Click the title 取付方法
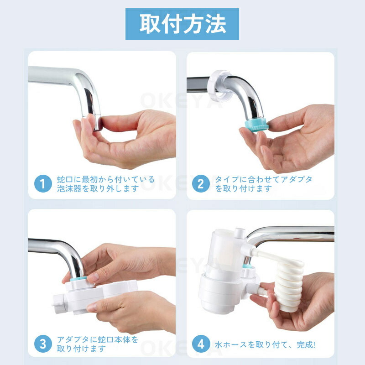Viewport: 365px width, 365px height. click(x=182, y=24)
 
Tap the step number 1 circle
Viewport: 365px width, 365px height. click(x=43, y=184)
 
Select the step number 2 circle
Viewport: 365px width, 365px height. click(x=201, y=184)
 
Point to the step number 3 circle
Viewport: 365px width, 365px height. click(x=43, y=344)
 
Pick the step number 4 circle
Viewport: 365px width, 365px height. click(x=201, y=344)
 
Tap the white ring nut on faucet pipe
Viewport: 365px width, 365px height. click(x=220, y=86)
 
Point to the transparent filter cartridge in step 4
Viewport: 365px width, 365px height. click(x=224, y=251)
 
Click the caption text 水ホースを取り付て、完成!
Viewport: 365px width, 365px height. click(x=265, y=345)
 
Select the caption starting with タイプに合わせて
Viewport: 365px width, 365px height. click(x=263, y=184)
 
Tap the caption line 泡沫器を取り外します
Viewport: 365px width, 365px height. click(x=98, y=188)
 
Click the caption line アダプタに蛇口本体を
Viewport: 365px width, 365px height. click(x=98, y=339)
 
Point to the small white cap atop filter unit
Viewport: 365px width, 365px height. click(x=240, y=233)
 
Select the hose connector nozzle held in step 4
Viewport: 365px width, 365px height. click(x=258, y=290)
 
